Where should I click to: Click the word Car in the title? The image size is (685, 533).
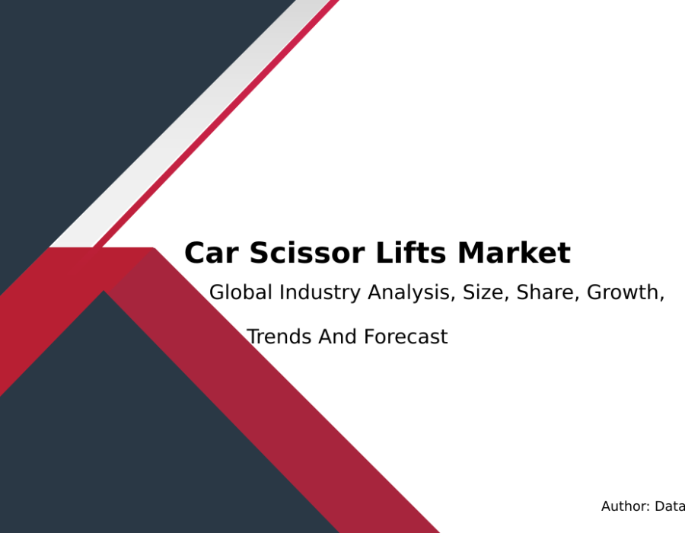pos(212,253)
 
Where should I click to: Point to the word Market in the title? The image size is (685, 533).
pos(515,252)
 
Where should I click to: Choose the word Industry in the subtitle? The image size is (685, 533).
pos(320,293)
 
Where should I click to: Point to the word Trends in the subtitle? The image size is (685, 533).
pos(279,337)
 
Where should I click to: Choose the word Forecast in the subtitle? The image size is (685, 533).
pos(406,337)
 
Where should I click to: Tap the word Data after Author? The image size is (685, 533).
pos(670,506)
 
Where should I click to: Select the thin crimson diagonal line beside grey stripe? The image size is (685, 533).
pos(216,123)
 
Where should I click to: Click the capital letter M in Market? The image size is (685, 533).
pos(472,253)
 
